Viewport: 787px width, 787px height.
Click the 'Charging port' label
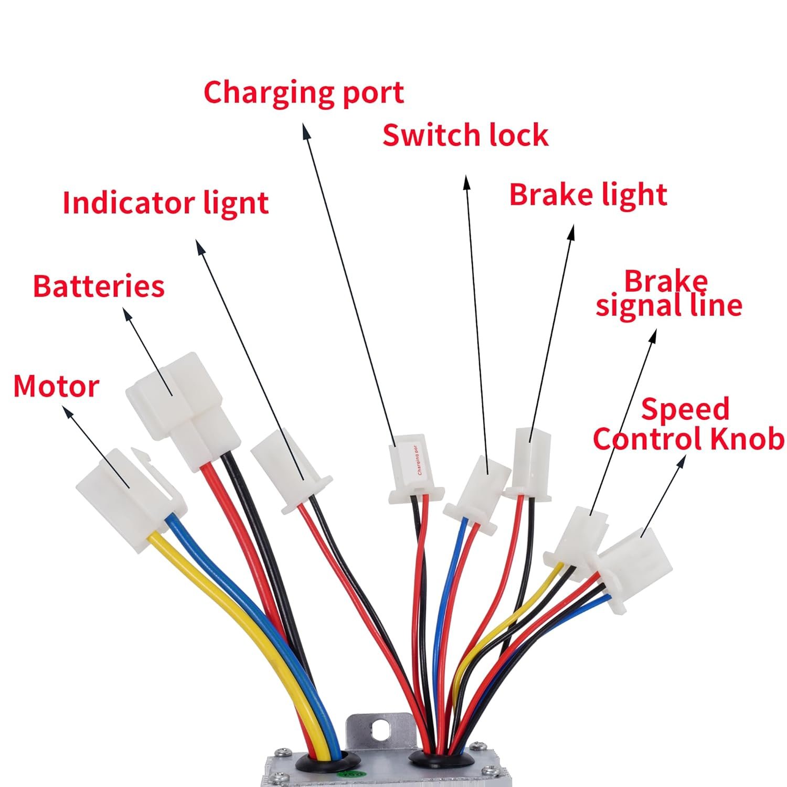(x=303, y=93)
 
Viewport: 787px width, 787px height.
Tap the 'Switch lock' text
(x=465, y=135)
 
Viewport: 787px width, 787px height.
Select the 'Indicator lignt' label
(x=165, y=203)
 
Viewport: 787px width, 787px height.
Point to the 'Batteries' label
(x=99, y=286)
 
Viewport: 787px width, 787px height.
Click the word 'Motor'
(x=56, y=387)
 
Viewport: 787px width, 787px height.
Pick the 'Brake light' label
(x=588, y=195)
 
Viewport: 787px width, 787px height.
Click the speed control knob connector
(x=635, y=567)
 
